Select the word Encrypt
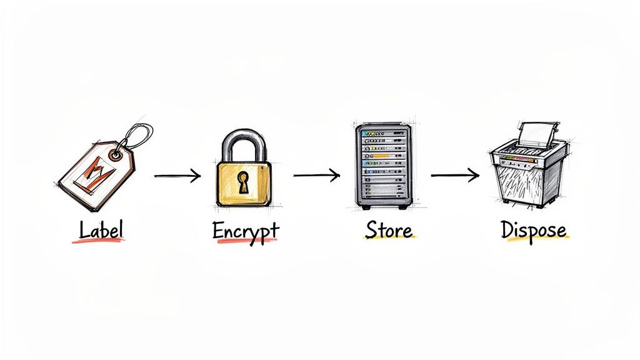(x=246, y=231)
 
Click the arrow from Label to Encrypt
(x=177, y=176)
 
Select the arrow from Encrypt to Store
(x=316, y=175)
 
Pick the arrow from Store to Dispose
(x=455, y=176)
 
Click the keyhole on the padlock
(x=242, y=182)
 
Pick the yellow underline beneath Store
(x=389, y=240)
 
